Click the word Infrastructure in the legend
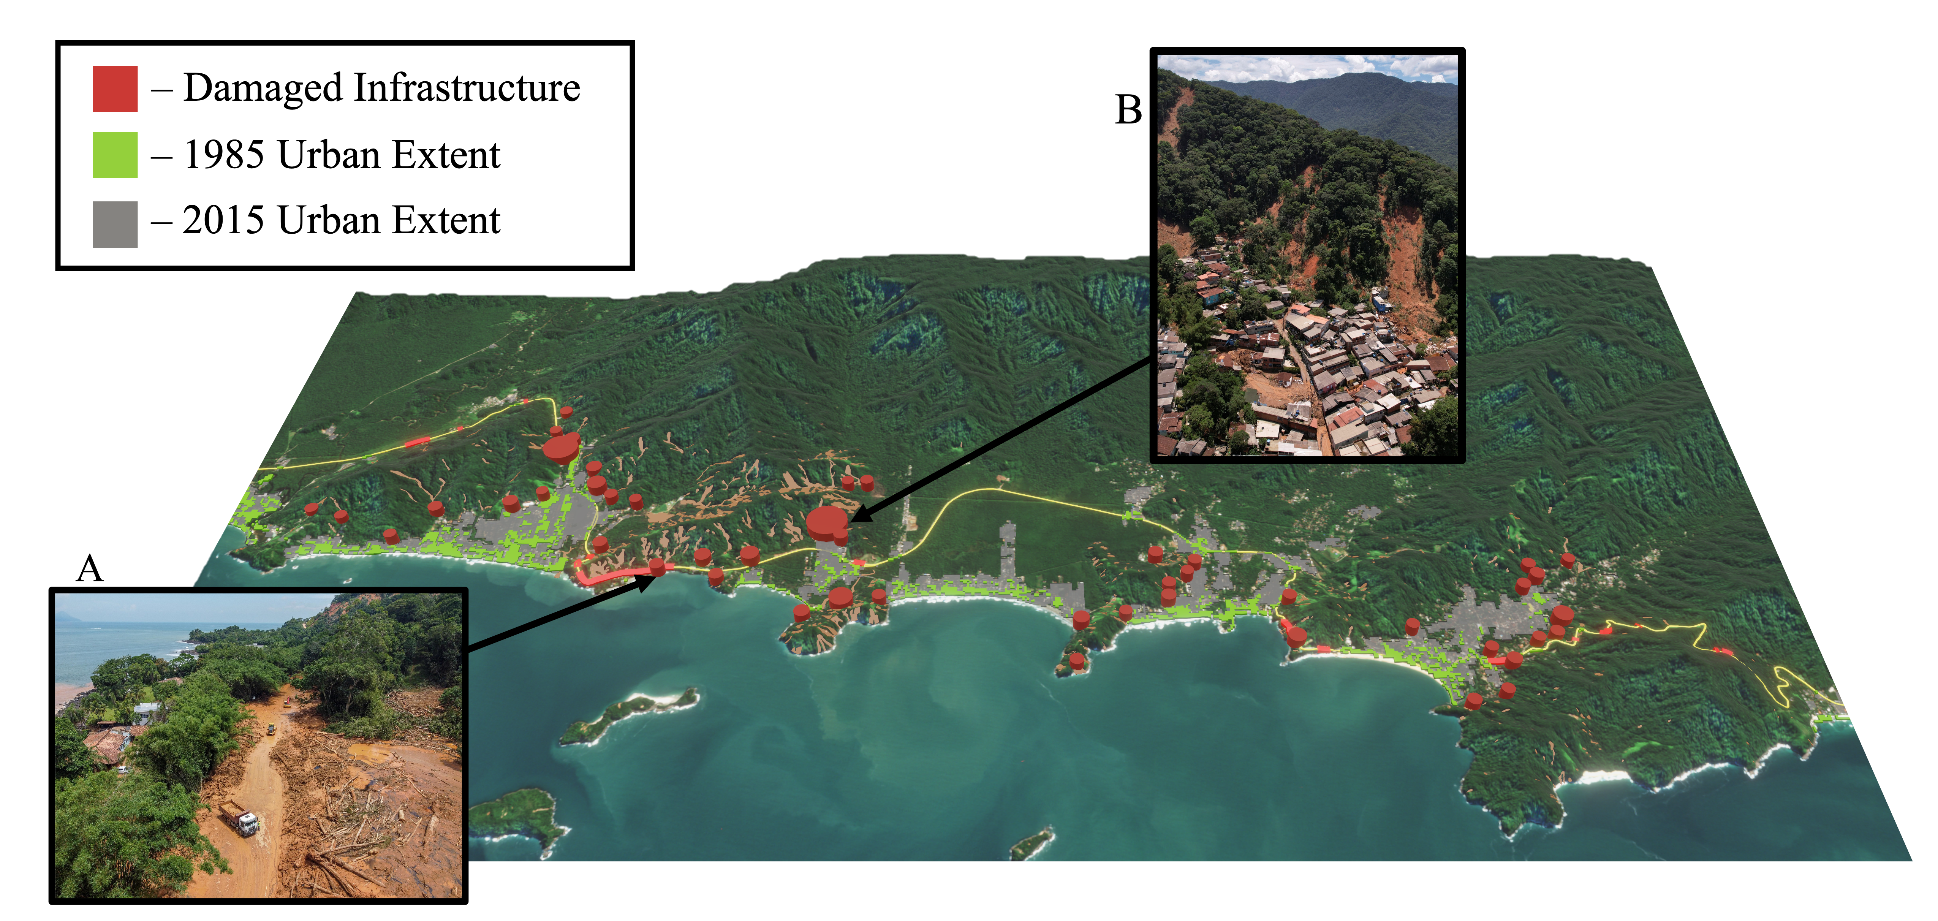[x=467, y=88]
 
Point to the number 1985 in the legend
[x=223, y=155]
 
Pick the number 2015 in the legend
[x=223, y=220]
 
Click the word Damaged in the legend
[x=263, y=88]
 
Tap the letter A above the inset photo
[x=90, y=569]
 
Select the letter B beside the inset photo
[x=1128, y=111]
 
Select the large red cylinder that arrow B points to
[x=826, y=523]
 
